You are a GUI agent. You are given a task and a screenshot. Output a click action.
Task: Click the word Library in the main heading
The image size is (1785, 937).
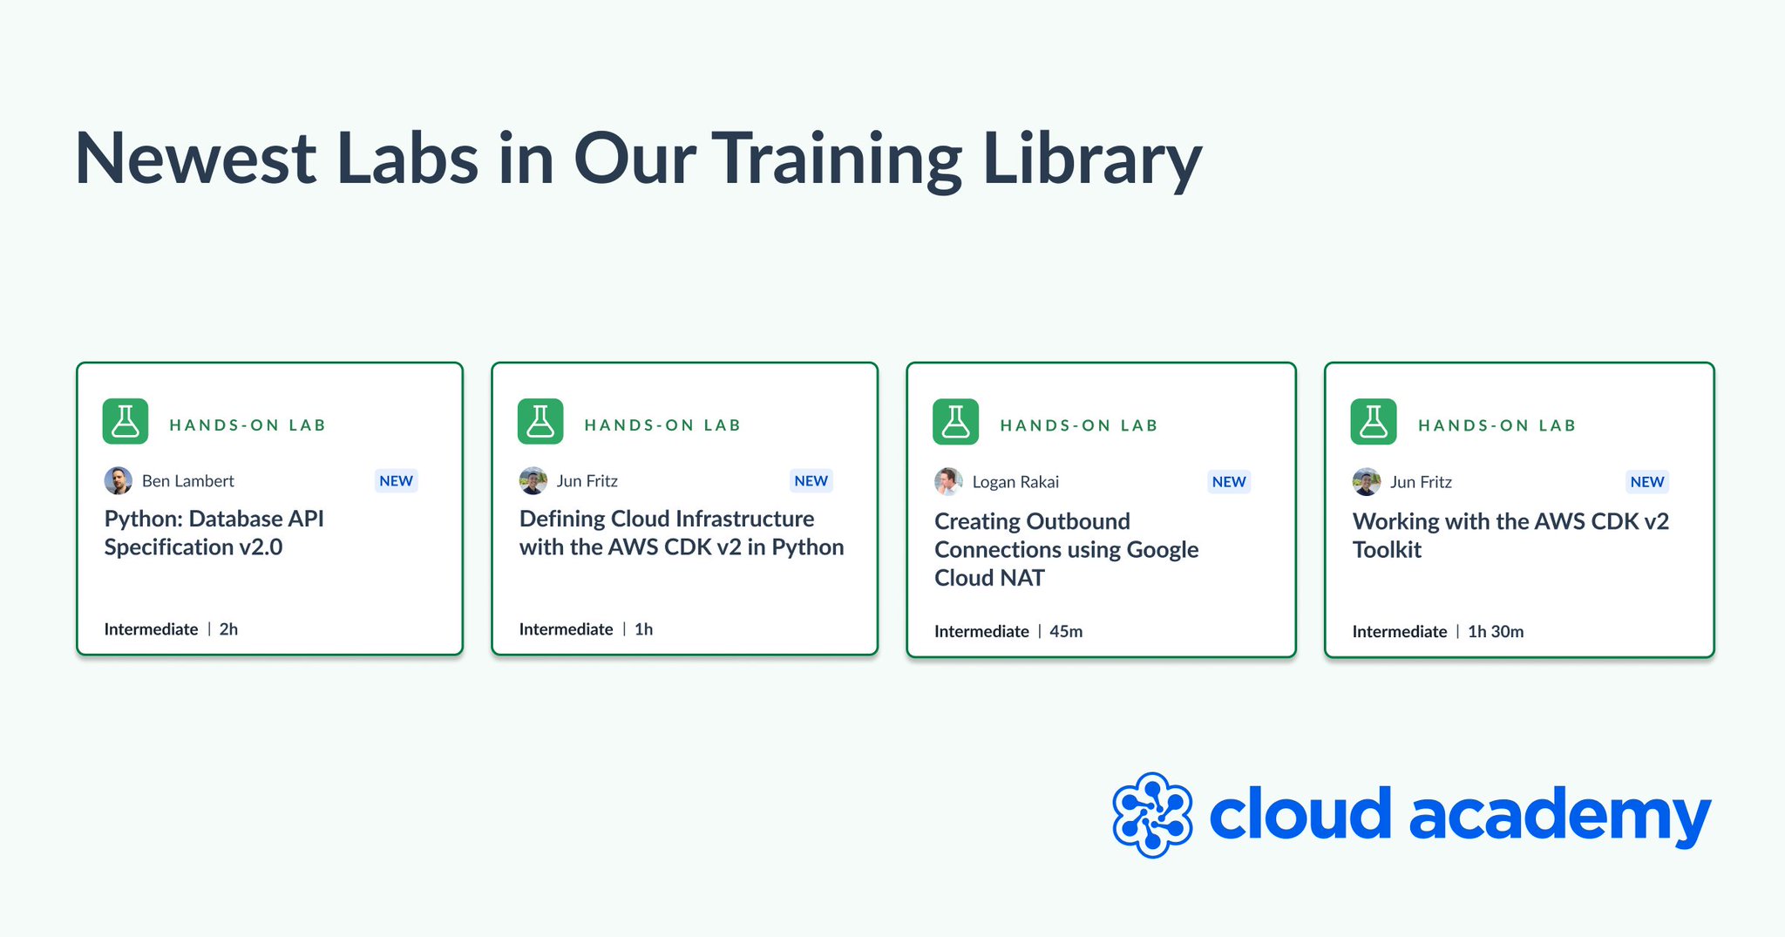pos(1091,160)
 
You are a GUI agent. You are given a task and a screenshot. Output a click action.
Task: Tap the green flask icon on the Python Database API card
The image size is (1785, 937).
pos(126,422)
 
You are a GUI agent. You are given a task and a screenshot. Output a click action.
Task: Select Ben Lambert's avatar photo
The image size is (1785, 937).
pos(119,480)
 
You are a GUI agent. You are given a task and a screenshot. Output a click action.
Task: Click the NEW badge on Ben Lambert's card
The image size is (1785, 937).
pos(396,480)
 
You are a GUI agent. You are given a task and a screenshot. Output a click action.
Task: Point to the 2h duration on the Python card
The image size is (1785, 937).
pos(228,629)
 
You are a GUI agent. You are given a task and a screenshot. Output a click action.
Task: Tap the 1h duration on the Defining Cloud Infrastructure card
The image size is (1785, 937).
pos(643,629)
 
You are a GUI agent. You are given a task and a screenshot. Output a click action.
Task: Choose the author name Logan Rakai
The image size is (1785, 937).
pos(1015,482)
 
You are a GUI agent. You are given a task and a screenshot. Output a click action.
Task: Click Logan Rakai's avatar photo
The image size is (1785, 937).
pos(948,481)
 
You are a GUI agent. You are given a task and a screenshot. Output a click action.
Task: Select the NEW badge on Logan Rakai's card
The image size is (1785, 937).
pos(1229,482)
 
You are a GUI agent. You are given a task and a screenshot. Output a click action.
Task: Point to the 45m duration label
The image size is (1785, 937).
pos(1066,631)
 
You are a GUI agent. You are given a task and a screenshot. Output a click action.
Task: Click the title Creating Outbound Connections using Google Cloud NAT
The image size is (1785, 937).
pos(1066,549)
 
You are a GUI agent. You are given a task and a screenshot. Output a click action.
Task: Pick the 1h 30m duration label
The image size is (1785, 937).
pos(1496,631)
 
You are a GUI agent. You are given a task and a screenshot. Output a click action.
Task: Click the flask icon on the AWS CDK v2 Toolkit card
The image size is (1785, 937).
pos(1374,422)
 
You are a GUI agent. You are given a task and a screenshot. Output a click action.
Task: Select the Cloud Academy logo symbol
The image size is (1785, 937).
pos(1152,815)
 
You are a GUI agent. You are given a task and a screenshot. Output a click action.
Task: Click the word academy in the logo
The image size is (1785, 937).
pos(1559,815)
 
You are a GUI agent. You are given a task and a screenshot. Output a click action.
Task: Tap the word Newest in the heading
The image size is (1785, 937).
pos(195,160)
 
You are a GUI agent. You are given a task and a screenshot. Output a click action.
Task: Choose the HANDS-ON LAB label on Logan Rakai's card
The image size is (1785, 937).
pos(1079,425)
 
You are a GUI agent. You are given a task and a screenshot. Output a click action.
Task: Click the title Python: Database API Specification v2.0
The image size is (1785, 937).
pos(214,533)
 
